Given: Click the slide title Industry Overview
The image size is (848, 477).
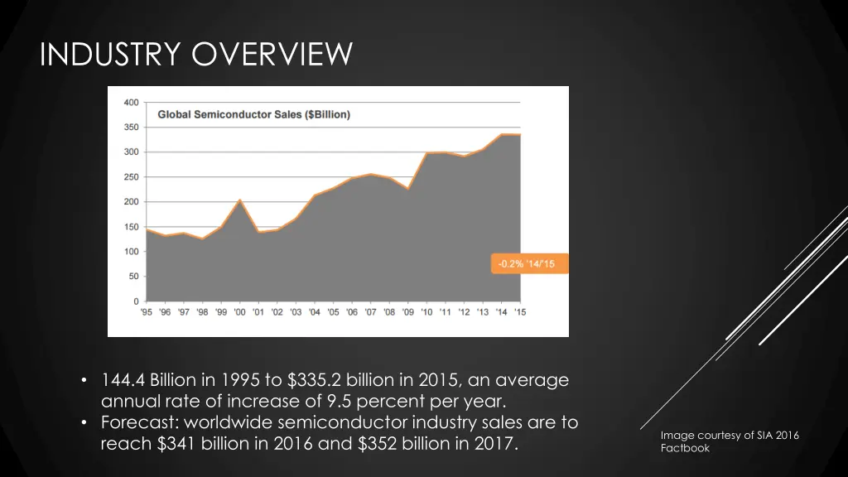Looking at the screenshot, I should pyautogui.click(x=196, y=55).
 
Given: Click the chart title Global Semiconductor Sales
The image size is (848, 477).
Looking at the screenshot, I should pyautogui.click(x=253, y=114).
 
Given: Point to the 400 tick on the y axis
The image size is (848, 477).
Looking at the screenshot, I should pyautogui.click(x=131, y=103).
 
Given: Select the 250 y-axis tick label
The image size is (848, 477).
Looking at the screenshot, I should pyautogui.click(x=131, y=177).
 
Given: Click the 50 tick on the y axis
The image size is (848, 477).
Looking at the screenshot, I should pyautogui.click(x=133, y=277).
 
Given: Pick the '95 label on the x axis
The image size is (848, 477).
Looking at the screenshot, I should pyautogui.click(x=146, y=312).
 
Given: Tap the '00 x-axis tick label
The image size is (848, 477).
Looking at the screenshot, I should pyautogui.click(x=239, y=312).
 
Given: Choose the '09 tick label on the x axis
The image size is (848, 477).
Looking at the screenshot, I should pyautogui.click(x=408, y=312).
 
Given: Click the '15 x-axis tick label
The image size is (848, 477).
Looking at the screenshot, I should pyautogui.click(x=520, y=312).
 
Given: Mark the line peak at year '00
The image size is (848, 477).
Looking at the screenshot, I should pyautogui.click(x=239, y=200).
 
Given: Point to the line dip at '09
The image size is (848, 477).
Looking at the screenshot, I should pyautogui.click(x=408, y=189).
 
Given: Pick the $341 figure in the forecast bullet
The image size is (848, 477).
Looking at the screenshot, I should pyautogui.click(x=177, y=445).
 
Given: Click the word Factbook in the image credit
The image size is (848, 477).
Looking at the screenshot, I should pyautogui.click(x=685, y=448).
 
